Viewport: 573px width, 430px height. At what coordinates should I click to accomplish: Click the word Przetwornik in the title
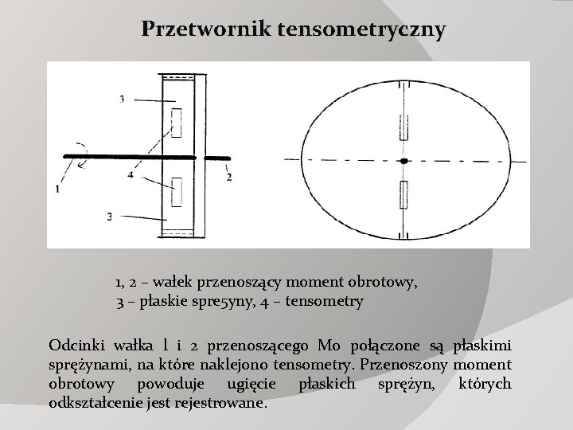[x=205, y=30]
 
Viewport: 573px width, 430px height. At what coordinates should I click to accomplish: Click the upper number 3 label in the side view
[x=122, y=99]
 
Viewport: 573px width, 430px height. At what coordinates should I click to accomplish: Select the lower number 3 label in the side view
[x=109, y=216]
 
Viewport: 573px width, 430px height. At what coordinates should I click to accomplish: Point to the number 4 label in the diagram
[x=129, y=174]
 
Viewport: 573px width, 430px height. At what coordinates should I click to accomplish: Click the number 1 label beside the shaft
[x=58, y=189]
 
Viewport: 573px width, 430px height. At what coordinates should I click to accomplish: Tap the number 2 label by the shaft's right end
[x=229, y=177]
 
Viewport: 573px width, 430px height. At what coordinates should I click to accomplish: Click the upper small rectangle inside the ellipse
[x=404, y=127]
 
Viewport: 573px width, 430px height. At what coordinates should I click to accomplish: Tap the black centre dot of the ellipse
[x=404, y=161]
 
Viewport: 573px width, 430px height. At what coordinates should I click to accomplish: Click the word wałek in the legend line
[x=190, y=282]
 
